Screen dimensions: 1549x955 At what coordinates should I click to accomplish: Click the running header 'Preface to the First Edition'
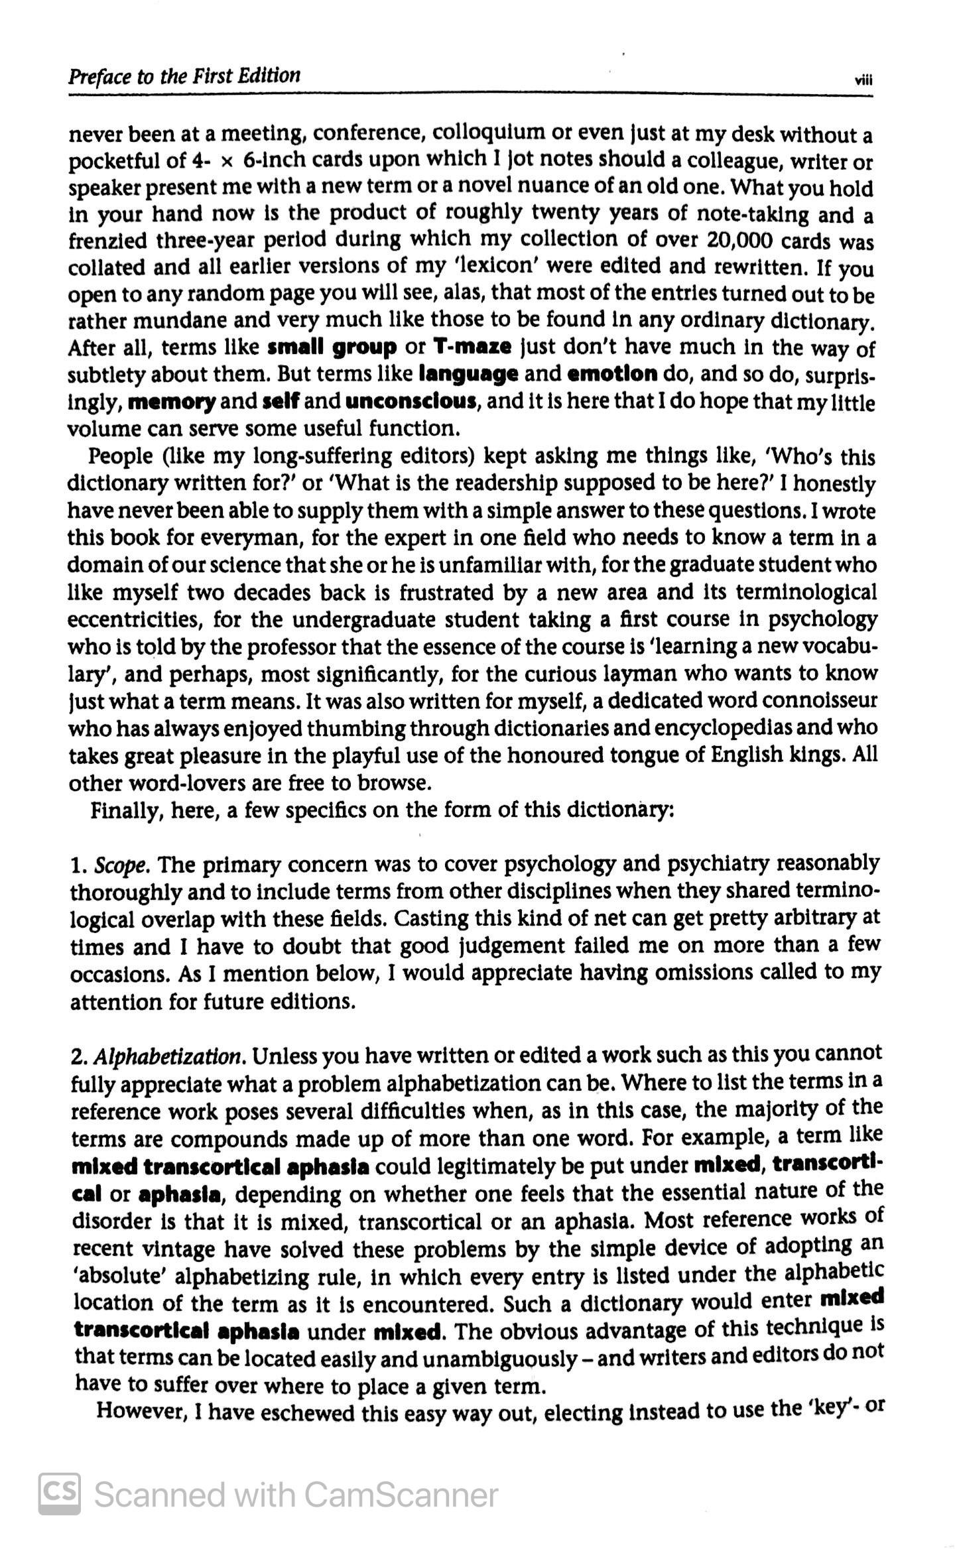(184, 76)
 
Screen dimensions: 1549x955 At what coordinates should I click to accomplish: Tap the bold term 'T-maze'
(472, 346)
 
